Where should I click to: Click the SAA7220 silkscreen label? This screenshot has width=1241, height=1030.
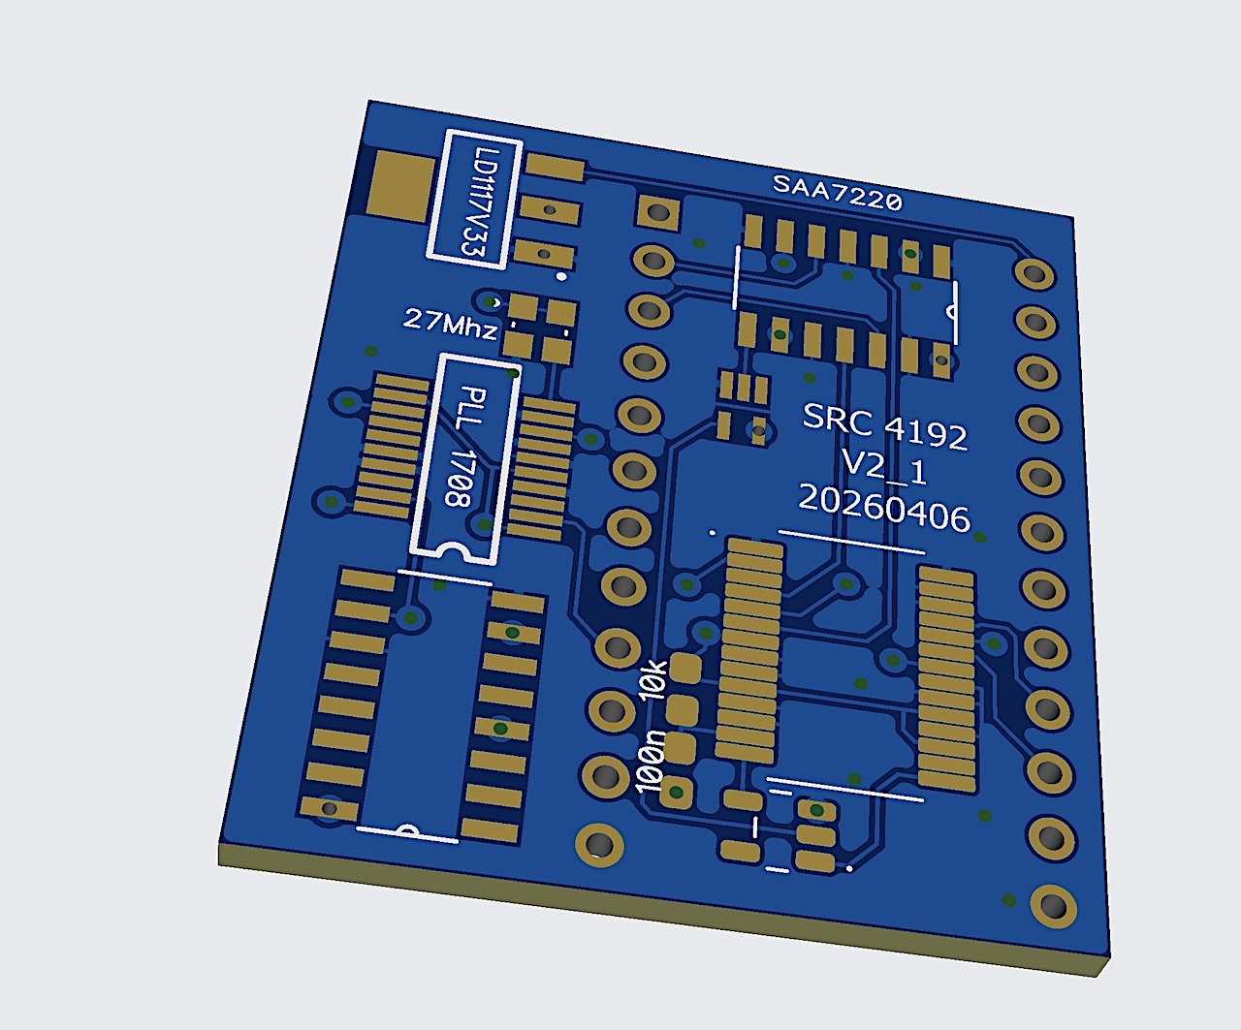[x=837, y=193]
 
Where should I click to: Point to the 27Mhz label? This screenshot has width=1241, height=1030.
[x=450, y=323]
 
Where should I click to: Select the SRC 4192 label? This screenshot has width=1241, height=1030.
[x=885, y=426]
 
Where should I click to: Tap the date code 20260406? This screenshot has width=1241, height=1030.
[x=884, y=509]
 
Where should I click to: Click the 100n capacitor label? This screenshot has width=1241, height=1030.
[x=651, y=761]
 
